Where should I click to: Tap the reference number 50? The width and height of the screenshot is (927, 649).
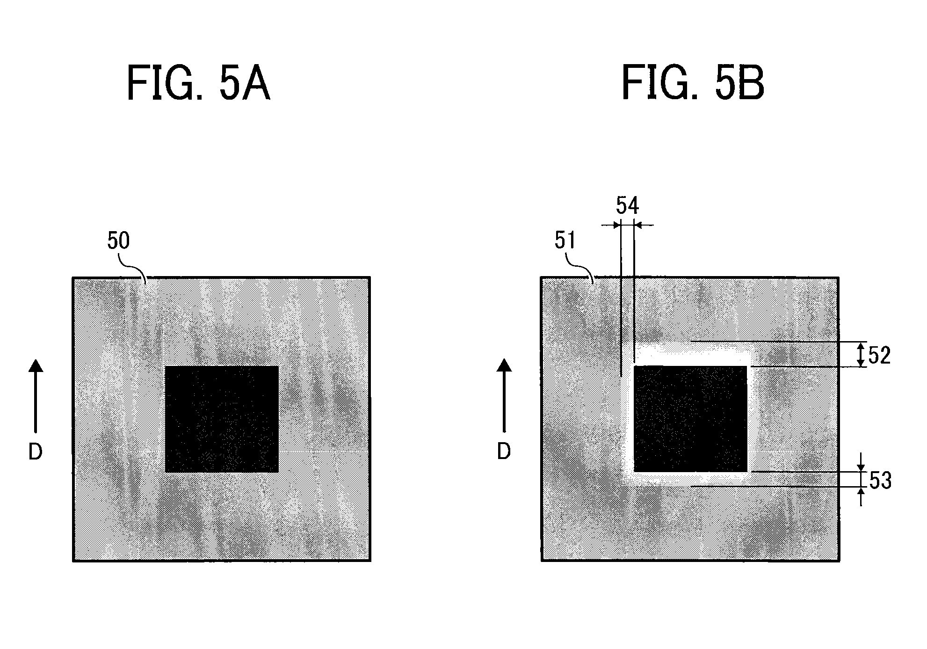[x=118, y=241]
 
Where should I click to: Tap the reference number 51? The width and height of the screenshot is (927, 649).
[x=565, y=241]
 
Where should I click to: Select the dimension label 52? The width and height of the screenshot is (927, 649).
[x=879, y=356]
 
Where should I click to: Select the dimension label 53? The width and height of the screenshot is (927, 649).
[x=880, y=481]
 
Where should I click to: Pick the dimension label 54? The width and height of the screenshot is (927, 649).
[x=627, y=206]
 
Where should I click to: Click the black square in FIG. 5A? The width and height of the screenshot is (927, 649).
[x=222, y=419]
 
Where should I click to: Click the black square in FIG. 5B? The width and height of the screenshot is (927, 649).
[x=690, y=419]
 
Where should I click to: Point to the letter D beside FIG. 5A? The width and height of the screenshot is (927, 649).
[x=35, y=452]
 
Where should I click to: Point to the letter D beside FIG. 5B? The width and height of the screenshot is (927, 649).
[x=503, y=452]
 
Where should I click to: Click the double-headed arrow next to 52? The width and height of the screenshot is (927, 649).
[x=862, y=355]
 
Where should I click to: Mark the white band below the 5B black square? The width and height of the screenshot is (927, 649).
[x=690, y=479]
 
